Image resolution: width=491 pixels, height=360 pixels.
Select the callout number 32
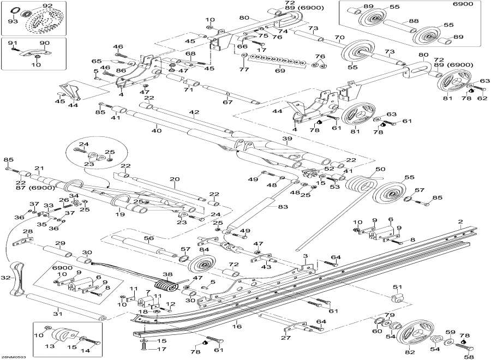5,278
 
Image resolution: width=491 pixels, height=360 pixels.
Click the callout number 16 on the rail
236,326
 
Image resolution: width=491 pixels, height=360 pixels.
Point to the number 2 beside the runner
460,222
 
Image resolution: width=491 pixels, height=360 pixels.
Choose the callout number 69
280,71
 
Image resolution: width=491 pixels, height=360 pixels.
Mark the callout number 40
157,131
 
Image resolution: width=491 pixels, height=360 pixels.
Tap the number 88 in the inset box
414,21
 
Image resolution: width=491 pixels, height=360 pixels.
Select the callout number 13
52,345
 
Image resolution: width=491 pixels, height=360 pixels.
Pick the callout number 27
285,338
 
